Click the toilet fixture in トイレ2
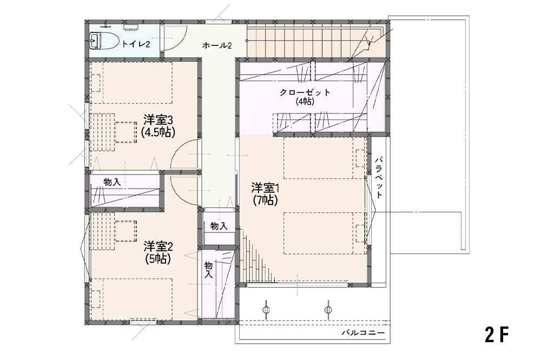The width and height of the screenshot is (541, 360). [95, 41]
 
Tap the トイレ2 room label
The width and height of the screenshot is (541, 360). [135, 44]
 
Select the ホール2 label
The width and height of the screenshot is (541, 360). [217, 45]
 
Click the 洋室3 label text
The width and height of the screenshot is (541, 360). [158, 121]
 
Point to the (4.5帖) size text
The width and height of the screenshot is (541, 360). [158, 132]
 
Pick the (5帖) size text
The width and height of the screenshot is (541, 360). [158, 258]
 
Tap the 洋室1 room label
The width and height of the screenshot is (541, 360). [265, 188]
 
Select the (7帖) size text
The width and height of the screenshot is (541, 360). [265, 200]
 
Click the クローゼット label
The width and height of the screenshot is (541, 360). [305, 92]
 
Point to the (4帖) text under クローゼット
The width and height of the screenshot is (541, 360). [305, 102]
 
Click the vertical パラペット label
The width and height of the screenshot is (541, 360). [379, 178]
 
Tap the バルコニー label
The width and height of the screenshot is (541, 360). [363, 333]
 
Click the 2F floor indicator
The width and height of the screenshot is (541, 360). [497, 334]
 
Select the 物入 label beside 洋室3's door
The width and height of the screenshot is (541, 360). [112, 182]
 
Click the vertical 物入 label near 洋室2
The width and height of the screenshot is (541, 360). [208, 270]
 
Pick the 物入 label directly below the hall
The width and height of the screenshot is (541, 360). [219, 226]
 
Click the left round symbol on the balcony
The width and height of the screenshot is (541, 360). [266, 309]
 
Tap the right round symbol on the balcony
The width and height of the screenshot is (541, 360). [328, 309]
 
